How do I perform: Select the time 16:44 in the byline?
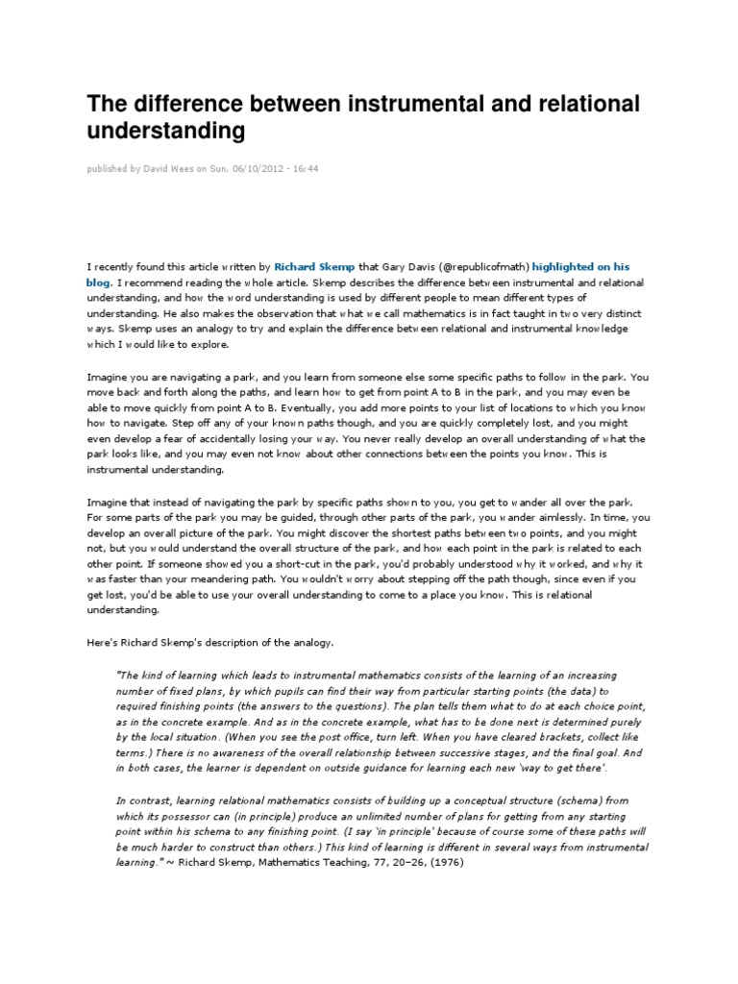(x=306, y=169)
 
